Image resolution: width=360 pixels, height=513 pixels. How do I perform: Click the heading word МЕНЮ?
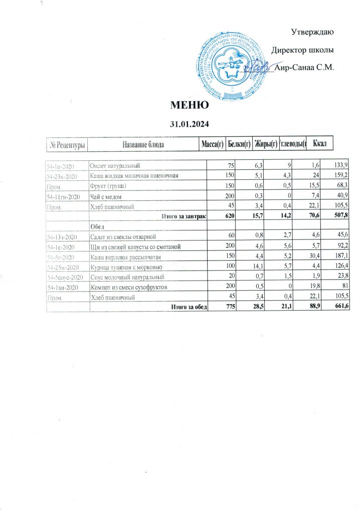(190, 105)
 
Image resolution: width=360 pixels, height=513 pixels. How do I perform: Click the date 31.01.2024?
(190, 123)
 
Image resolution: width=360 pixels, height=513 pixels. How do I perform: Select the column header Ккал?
(319, 144)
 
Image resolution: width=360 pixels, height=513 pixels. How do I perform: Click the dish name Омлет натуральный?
(114, 165)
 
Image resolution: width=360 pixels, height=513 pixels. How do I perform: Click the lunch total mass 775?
(216, 307)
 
